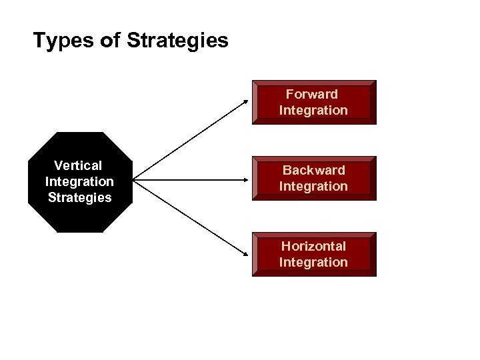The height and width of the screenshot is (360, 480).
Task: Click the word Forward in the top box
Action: [x=313, y=94]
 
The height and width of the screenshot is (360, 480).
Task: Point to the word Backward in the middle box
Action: [x=313, y=171]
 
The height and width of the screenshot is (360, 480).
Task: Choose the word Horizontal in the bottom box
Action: [x=313, y=247]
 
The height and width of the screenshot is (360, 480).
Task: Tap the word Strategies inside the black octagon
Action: [x=79, y=197]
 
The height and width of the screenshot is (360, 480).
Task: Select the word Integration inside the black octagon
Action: [x=79, y=181]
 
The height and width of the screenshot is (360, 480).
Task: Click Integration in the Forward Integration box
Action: [x=313, y=110]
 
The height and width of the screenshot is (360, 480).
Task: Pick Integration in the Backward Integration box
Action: [x=313, y=186]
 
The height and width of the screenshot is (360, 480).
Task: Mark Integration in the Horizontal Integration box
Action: [x=313, y=262]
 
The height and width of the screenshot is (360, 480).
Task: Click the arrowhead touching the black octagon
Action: [x=137, y=180]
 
